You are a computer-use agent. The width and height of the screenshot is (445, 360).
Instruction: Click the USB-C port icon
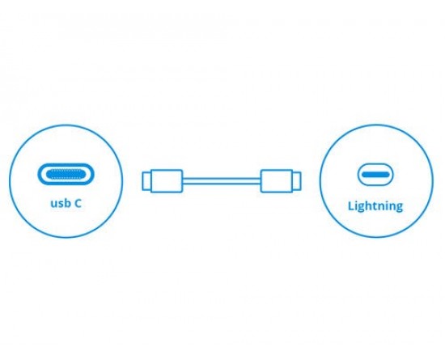[66, 174]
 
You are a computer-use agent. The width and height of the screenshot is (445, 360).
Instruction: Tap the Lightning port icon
[375, 174]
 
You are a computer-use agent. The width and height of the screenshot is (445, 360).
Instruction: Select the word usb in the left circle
[60, 203]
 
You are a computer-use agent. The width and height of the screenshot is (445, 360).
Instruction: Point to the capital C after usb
[78, 203]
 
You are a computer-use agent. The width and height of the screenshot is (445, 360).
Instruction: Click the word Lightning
[375, 206]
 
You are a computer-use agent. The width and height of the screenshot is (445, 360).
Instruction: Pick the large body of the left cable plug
[167, 181]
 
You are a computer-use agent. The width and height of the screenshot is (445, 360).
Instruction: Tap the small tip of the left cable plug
[146, 181]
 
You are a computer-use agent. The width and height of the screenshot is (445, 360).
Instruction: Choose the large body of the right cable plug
[277, 181]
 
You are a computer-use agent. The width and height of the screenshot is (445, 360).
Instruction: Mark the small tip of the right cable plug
[297, 181]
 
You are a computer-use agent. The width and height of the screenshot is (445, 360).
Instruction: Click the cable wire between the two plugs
[222, 181]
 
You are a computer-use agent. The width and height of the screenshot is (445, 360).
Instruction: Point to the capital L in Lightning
[351, 205]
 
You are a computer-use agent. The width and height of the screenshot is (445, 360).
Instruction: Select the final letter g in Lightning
[398, 207]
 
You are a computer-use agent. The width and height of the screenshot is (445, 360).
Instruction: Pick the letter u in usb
[54, 205]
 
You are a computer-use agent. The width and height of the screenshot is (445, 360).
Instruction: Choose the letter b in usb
[66, 203]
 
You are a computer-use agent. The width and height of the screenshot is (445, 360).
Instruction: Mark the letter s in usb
[60, 205]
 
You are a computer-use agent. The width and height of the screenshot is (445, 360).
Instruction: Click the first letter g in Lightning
[362, 207]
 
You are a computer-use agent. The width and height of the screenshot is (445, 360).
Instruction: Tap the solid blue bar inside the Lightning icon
[375, 174]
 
